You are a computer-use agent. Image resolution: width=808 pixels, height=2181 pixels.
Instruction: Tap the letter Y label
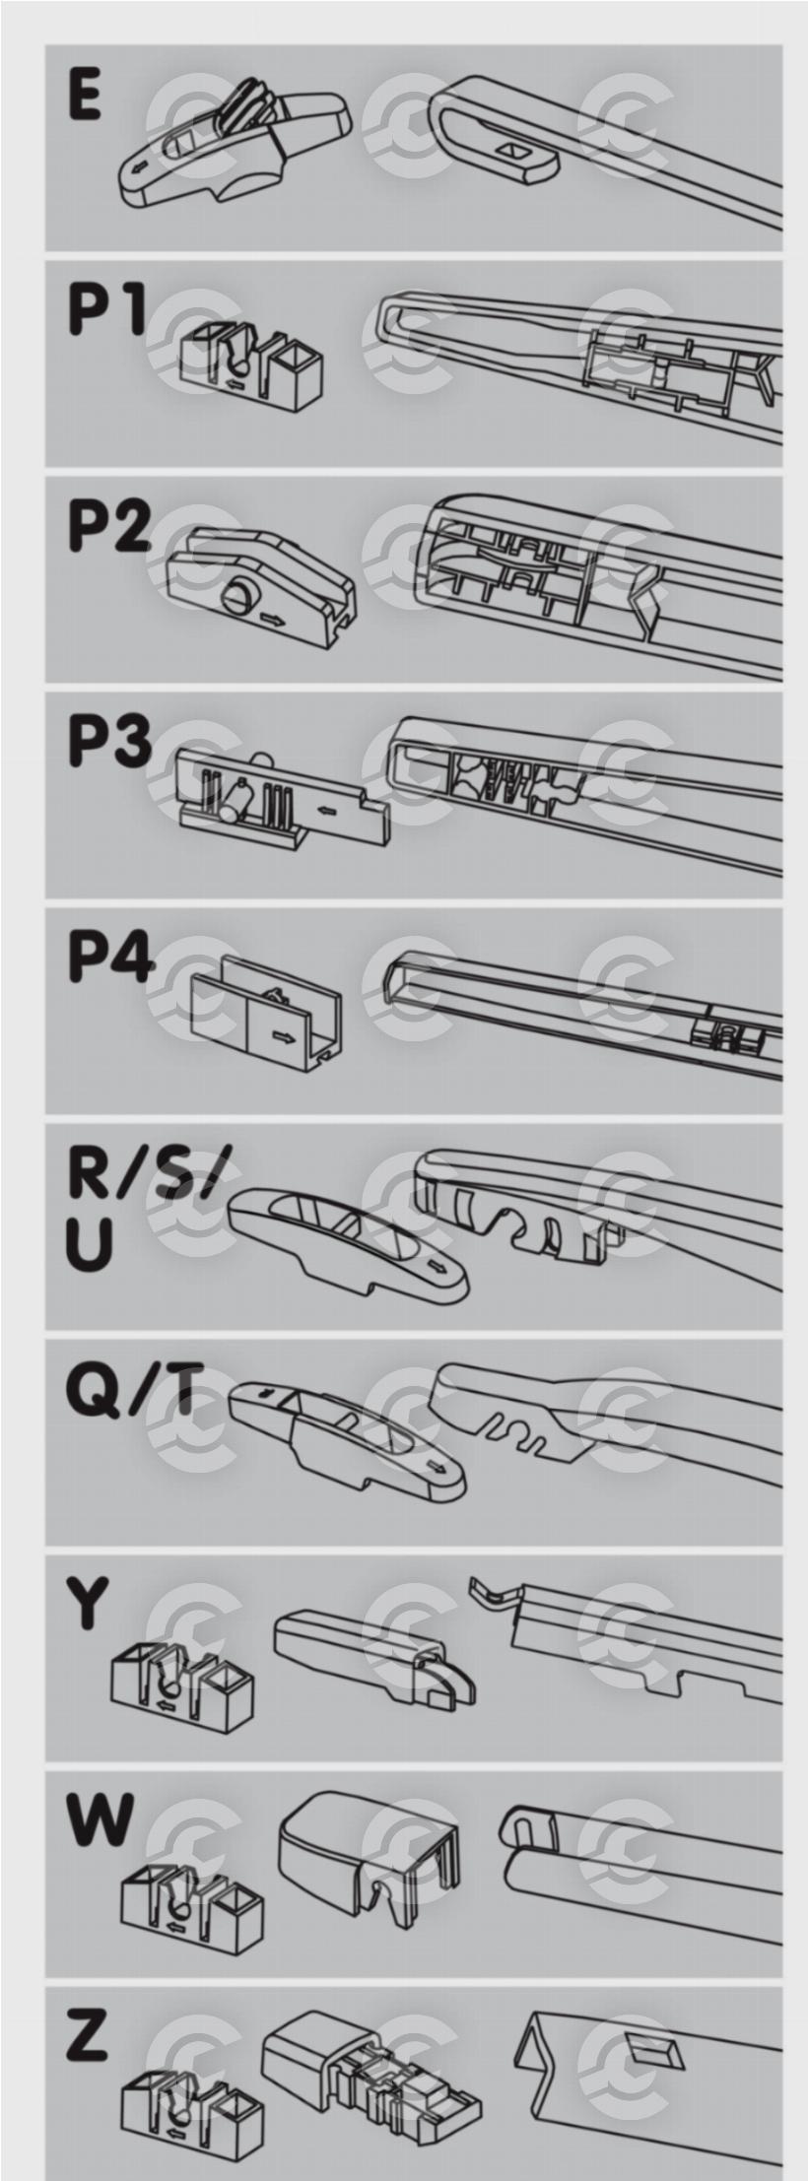click(x=88, y=1603)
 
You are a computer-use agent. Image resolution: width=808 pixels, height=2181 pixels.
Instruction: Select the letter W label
click(x=100, y=1818)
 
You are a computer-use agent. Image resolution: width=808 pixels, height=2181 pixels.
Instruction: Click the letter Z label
click(x=87, y=2034)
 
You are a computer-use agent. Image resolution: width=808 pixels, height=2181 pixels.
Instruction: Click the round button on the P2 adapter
click(x=239, y=596)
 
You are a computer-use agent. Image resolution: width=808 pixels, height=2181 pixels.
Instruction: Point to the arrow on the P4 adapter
click(x=284, y=1037)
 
